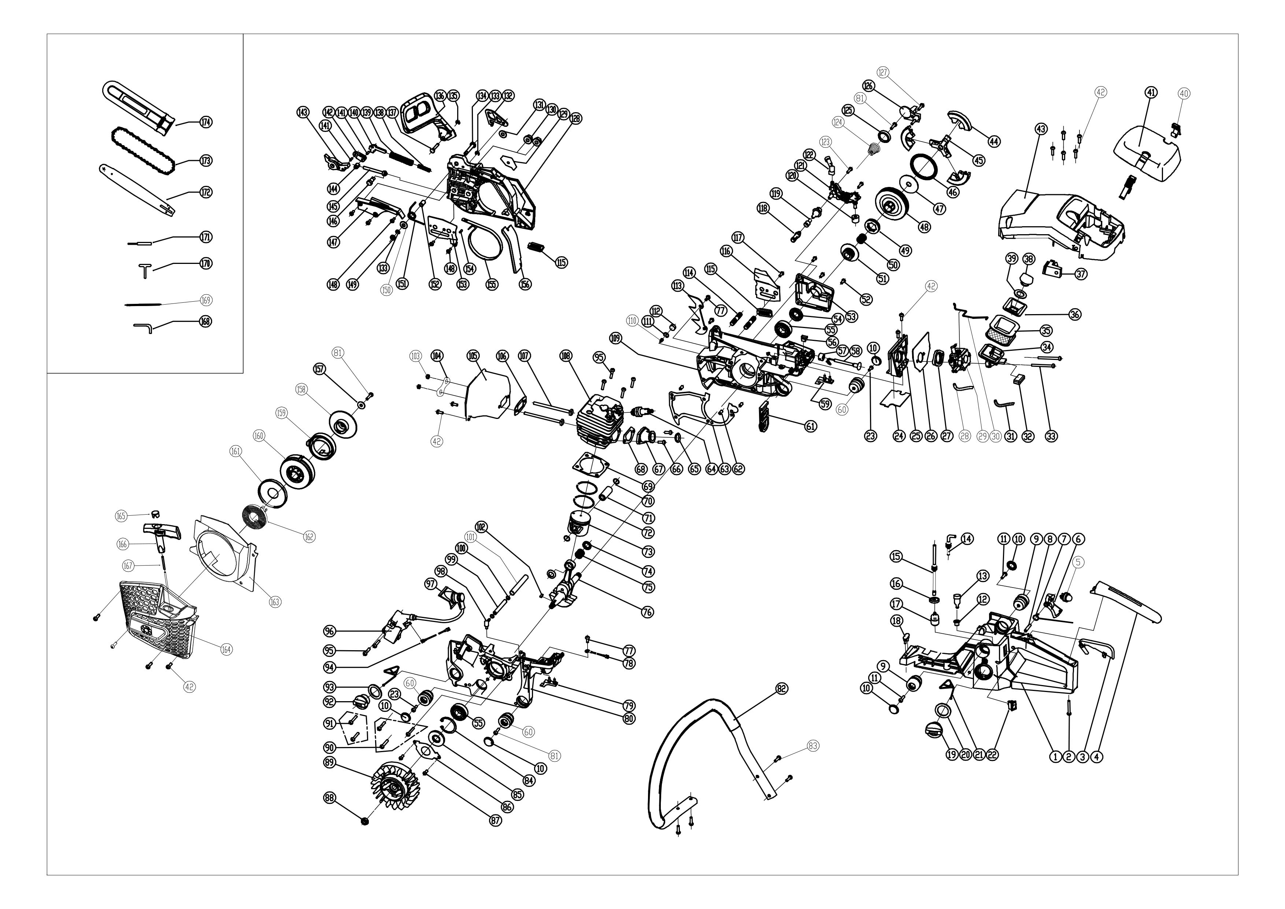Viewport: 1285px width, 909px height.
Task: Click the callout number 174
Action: pyautogui.click(x=206, y=122)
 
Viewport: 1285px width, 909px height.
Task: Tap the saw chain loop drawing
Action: pyautogui.click(x=143, y=151)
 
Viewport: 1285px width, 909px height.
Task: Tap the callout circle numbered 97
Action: pyautogui.click(x=430, y=583)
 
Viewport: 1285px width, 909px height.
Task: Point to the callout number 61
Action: pyautogui.click(x=810, y=427)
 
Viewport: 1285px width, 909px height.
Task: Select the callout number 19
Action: pyautogui.click(x=951, y=755)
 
